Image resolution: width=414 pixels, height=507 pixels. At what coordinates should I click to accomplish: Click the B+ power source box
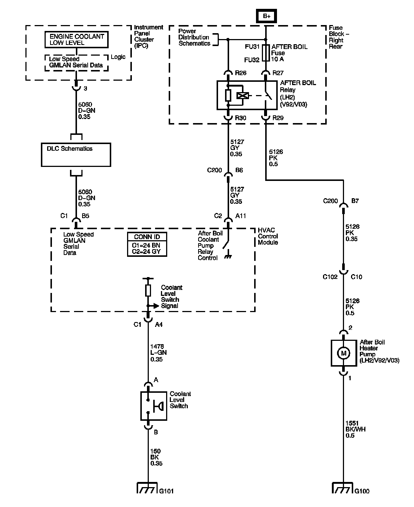(266, 16)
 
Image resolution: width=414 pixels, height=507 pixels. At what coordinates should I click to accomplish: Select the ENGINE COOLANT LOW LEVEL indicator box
(76, 40)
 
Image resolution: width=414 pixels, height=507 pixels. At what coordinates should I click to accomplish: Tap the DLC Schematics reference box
(76, 155)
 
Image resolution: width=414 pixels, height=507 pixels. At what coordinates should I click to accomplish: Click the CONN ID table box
(147, 244)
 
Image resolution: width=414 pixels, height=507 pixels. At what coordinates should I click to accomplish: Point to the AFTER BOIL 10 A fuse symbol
(266, 53)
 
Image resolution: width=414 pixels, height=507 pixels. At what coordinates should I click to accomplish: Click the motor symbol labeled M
(344, 353)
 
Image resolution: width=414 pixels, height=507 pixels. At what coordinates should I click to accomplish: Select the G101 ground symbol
(147, 488)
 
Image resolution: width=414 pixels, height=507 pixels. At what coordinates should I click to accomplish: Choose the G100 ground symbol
(342, 488)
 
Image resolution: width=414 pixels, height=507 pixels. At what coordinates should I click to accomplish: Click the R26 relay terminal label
(241, 73)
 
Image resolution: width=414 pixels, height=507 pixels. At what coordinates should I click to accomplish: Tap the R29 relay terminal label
(278, 118)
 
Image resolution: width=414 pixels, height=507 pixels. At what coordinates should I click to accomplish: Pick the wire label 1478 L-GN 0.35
(158, 353)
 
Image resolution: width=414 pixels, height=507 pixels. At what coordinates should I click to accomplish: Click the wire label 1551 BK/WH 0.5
(355, 429)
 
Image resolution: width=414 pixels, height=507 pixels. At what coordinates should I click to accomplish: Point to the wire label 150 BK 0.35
(156, 457)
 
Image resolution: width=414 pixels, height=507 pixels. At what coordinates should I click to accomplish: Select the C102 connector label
(330, 277)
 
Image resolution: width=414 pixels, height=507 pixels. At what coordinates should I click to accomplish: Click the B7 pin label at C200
(355, 201)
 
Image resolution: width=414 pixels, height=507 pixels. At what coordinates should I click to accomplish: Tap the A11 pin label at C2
(241, 216)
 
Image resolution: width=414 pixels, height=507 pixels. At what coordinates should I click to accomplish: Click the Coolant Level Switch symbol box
(154, 406)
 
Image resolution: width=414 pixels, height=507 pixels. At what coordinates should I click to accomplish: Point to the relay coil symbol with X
(243, 96)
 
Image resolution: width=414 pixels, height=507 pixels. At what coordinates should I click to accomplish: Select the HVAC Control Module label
(268, 236)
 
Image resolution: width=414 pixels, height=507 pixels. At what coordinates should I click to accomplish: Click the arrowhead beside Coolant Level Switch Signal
(156, 306)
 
